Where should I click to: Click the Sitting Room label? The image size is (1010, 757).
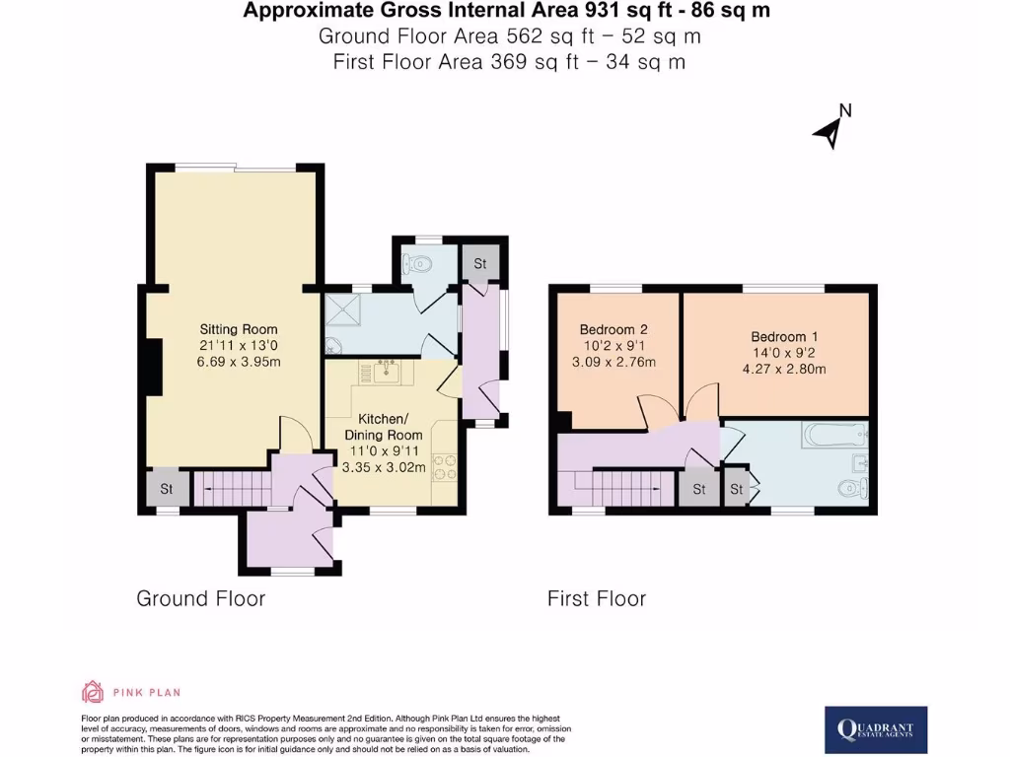239,329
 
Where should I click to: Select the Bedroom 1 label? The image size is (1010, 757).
780,335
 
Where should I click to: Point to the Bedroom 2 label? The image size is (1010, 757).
613,329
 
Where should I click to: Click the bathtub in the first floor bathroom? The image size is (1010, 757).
833,434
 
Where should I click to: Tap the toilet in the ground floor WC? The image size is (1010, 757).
420,264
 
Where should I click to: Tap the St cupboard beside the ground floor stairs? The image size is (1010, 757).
166,488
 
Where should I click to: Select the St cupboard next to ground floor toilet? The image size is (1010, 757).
480,264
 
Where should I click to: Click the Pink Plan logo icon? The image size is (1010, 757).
92,692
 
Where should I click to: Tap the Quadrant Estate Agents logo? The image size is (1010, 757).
875,730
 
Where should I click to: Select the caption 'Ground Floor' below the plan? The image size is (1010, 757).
200,598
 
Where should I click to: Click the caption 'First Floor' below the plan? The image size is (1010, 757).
597,598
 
